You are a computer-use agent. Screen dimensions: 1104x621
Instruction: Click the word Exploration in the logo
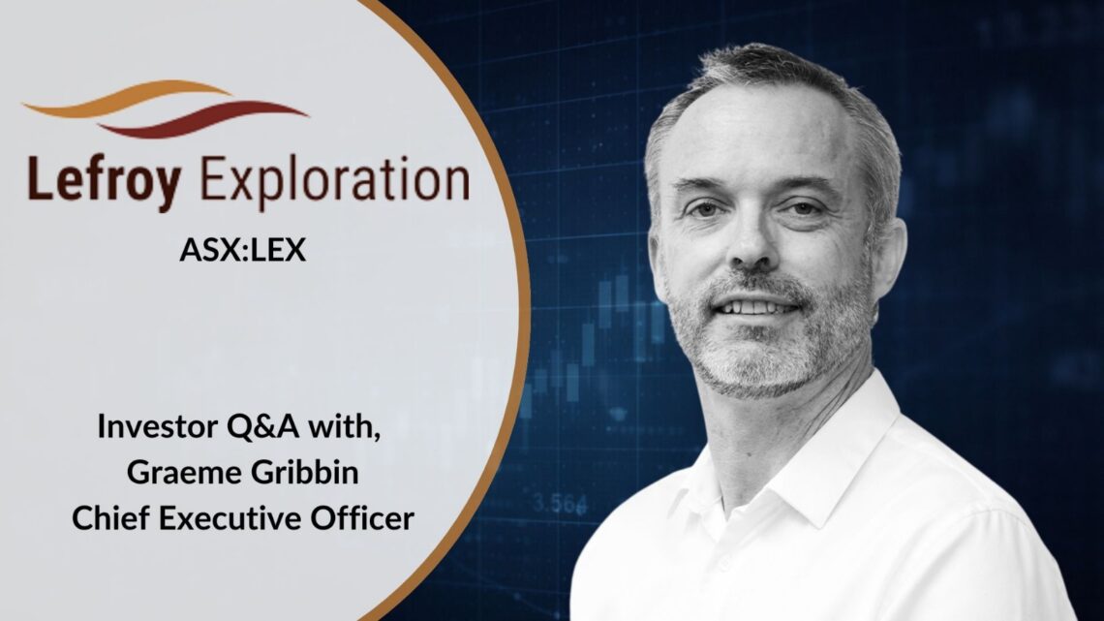coord(335,182)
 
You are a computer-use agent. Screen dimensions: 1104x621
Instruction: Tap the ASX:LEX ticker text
coord(243,250)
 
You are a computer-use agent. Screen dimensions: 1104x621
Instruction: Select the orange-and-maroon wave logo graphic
coord(165,107)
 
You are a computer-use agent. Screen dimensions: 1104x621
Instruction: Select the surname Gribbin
coord(305,473)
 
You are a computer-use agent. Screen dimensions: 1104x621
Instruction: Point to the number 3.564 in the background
coord(560,504)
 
